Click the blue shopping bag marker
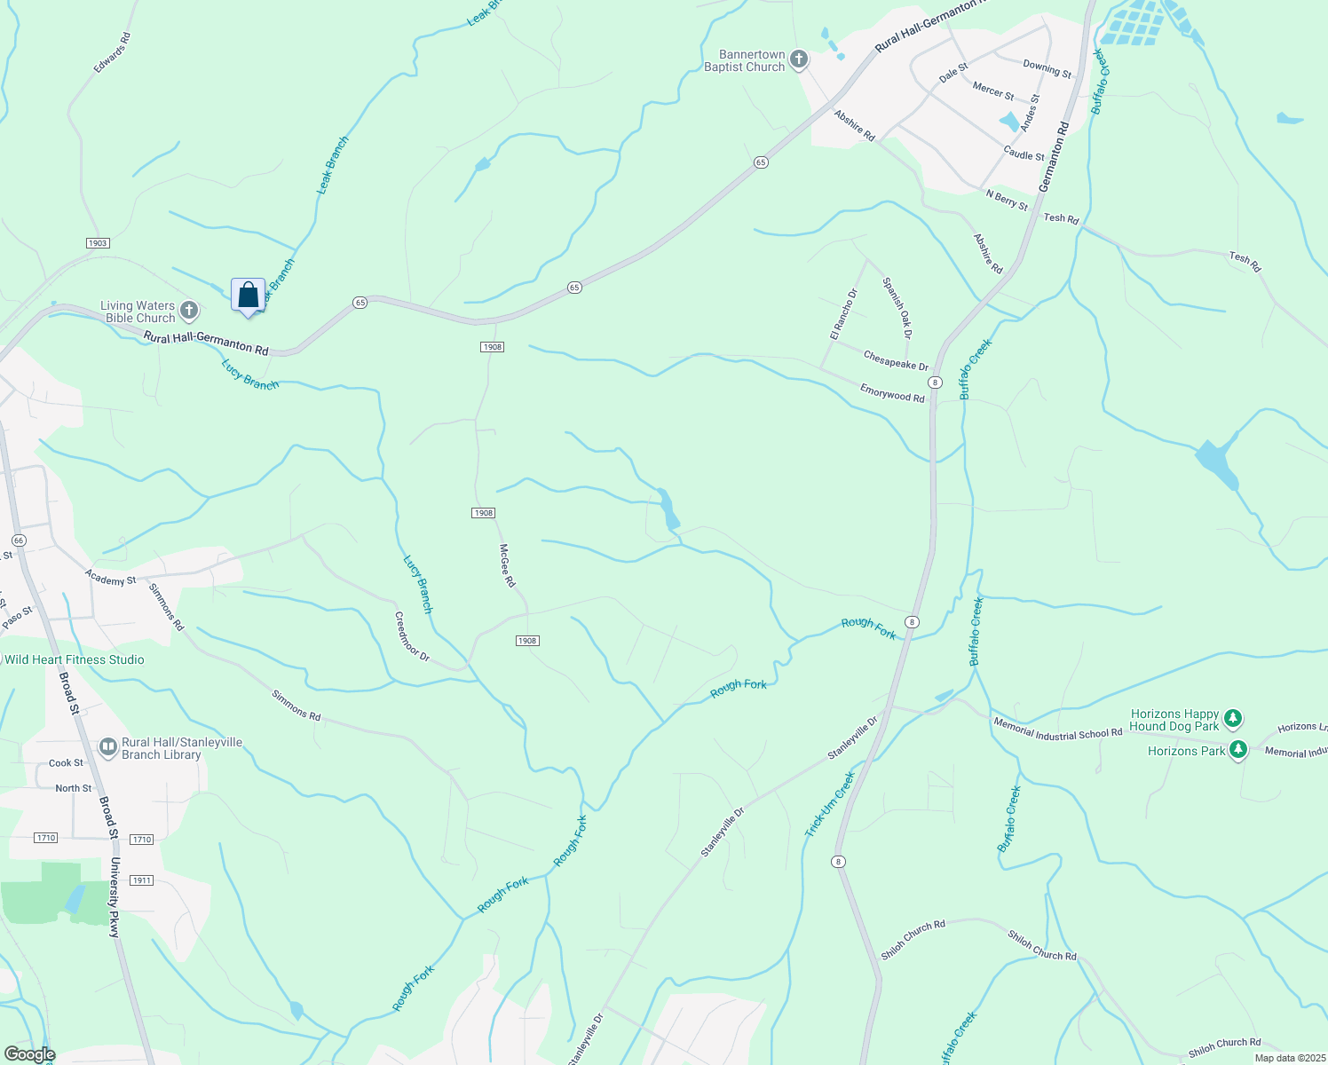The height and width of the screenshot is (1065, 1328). pyautogui.click(x=249, y=296)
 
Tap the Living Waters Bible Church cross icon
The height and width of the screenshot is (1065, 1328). pyautogui.click(x=188, y=311)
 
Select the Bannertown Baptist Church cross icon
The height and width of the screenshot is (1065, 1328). pyautogui.click(x=799, y=59)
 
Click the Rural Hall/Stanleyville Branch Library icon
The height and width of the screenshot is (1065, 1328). pyautogui.click(x=108, y=748)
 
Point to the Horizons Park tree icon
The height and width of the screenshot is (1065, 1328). pyautogui.click(x=1238, y=750)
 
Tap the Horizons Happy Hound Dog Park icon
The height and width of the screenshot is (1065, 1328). pyautogui.click(x=1232, y=719)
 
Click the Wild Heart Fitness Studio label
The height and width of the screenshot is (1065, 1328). pyautogui.click(x=75, y=659)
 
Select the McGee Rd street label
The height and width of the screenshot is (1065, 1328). pyautogui.click(x=507, y=565)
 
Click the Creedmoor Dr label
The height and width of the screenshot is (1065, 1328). pyautogui.click(x=412, y=637)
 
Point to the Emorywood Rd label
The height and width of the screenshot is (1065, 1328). pyautogui.click(x=892, y=392)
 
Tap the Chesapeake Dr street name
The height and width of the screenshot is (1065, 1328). pyautogui.click(x=896, y=361)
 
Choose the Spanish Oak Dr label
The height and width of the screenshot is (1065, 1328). pyautogui.click(x=897, y=308)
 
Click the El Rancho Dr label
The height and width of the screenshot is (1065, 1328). pyautogui.click(x=843, y=314)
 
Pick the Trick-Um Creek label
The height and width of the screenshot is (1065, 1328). pyautogui.click(x=830, y=804)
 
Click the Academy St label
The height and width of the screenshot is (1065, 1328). pyautogui.click(x=111, y=578)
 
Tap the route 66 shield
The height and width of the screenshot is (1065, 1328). pyautogui.click(x=19, y=540)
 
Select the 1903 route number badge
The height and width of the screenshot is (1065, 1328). pyautogui.click(x=98, y=243)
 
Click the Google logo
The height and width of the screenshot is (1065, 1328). pyautogui.click(x=29, y=1054)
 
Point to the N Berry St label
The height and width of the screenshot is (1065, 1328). pyautogui.click(x=1007, y=201)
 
